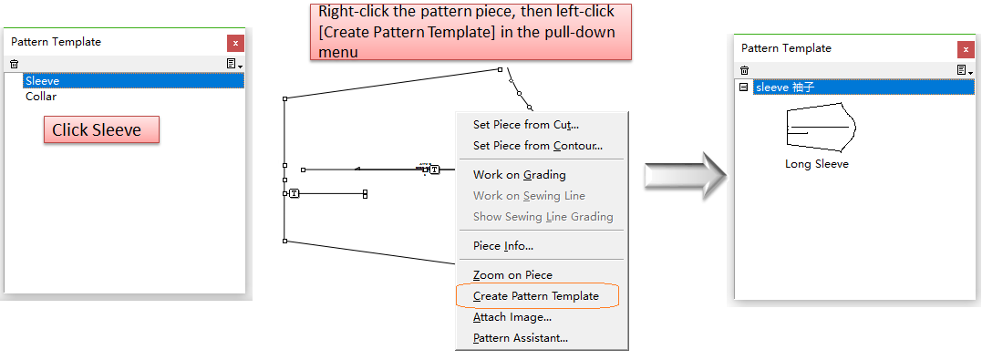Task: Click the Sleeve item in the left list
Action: click(x=43, y=81)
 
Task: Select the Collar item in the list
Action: click(x=41, y=97)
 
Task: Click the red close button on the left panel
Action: click(x=235, y=43)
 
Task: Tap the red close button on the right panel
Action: click(x=966, y=49)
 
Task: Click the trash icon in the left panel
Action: click(x=15, y=64)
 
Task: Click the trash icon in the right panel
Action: click(x=744, y=71)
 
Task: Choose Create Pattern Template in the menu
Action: click(x=536, y=296)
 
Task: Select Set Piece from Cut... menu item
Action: click(x=526, y=125)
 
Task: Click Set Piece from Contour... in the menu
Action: click(x=538, y=146)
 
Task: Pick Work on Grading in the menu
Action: click(x=519, y=175)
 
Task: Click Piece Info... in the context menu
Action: click(x=503, y=246)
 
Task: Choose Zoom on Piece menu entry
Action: click(x=513, y=275)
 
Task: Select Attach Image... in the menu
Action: click(x=512, y=317)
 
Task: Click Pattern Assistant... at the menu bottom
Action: click(x=521, y=338)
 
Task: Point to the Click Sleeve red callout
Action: click(x=101, y=129)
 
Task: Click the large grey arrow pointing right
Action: click(x=686, y=175)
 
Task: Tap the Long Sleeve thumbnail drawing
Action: click(x=821, y=127)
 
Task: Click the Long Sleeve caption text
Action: click(x=817, y=164)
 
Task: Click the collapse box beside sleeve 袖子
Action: click(x=744, y=87)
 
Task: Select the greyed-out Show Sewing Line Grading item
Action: click(x=543, y=217)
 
